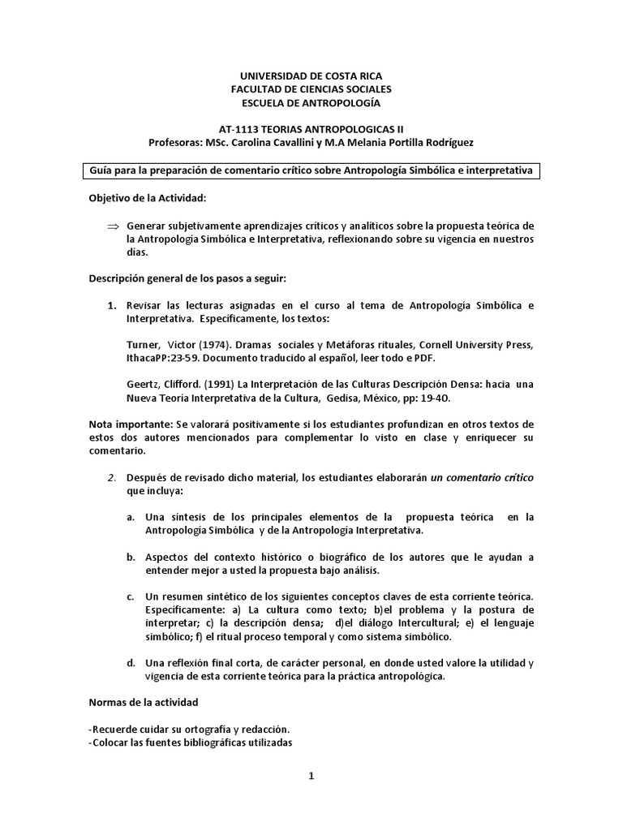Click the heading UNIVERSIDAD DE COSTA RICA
click(x=311, y=75)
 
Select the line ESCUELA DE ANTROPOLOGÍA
click(x=311, y=103)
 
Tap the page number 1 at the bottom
click(x=311, y=775)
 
